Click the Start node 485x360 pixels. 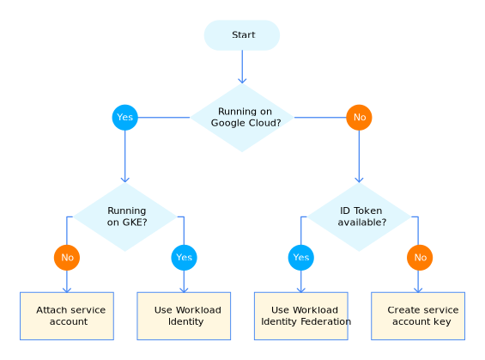tap(242, 35)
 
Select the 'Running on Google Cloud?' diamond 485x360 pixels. tap(242, 117)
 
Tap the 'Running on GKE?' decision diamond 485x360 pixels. tap(125, 217)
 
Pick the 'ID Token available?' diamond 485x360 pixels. tap(360, 217)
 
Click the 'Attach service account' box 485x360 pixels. tap(67, 315)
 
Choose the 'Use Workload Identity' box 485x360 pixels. tap(184, 315)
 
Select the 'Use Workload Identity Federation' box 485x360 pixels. tap(301, 315)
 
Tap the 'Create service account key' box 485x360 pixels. tap(418, 315)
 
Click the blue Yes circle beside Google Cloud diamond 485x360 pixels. tap(124, 117)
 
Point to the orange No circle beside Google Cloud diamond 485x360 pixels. tap(359, 117)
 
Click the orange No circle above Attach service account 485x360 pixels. tap(66, 257)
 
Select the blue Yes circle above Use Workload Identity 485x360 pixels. tap(184, 257)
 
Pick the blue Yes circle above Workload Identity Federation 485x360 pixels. tap(300, 257)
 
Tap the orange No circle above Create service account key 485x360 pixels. tap(420, 257)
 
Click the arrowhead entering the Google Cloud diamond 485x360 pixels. tap(242, 79)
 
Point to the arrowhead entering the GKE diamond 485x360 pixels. tap(125, 179)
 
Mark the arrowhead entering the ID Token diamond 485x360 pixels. tap(360, 179)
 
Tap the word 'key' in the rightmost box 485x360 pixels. tap(441, 322)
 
